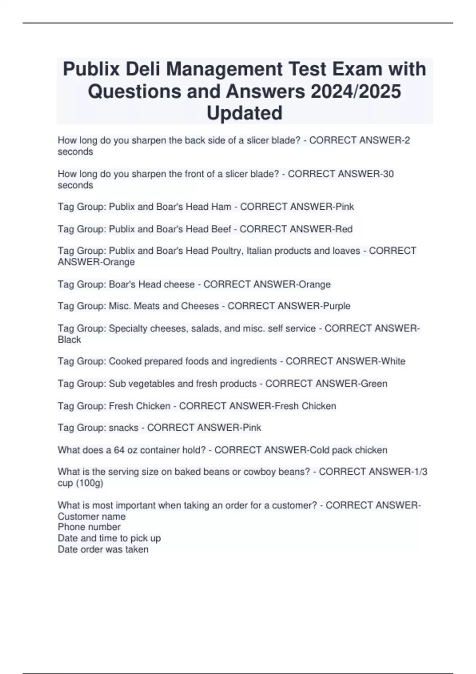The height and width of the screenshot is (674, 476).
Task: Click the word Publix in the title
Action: point(91,69)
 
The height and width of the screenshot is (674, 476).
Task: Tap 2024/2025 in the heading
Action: point(356,91)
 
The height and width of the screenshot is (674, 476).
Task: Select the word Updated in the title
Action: point(244,113)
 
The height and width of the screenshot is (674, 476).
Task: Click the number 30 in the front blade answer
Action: point(388,174)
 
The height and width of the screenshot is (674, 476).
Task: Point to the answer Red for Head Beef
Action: point(344,229)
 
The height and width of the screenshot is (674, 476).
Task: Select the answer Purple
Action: point(337,306)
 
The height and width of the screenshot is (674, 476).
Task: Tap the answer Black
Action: point(69,340)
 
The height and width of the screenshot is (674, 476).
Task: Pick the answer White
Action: point(393,361)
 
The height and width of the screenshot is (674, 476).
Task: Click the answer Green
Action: point(374,384)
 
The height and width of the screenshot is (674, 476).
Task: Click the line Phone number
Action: point(89,527)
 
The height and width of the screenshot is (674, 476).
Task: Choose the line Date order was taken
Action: point(103,550)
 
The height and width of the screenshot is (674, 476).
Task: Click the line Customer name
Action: point(92,516)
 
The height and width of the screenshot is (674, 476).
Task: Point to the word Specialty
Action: point(128,328)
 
